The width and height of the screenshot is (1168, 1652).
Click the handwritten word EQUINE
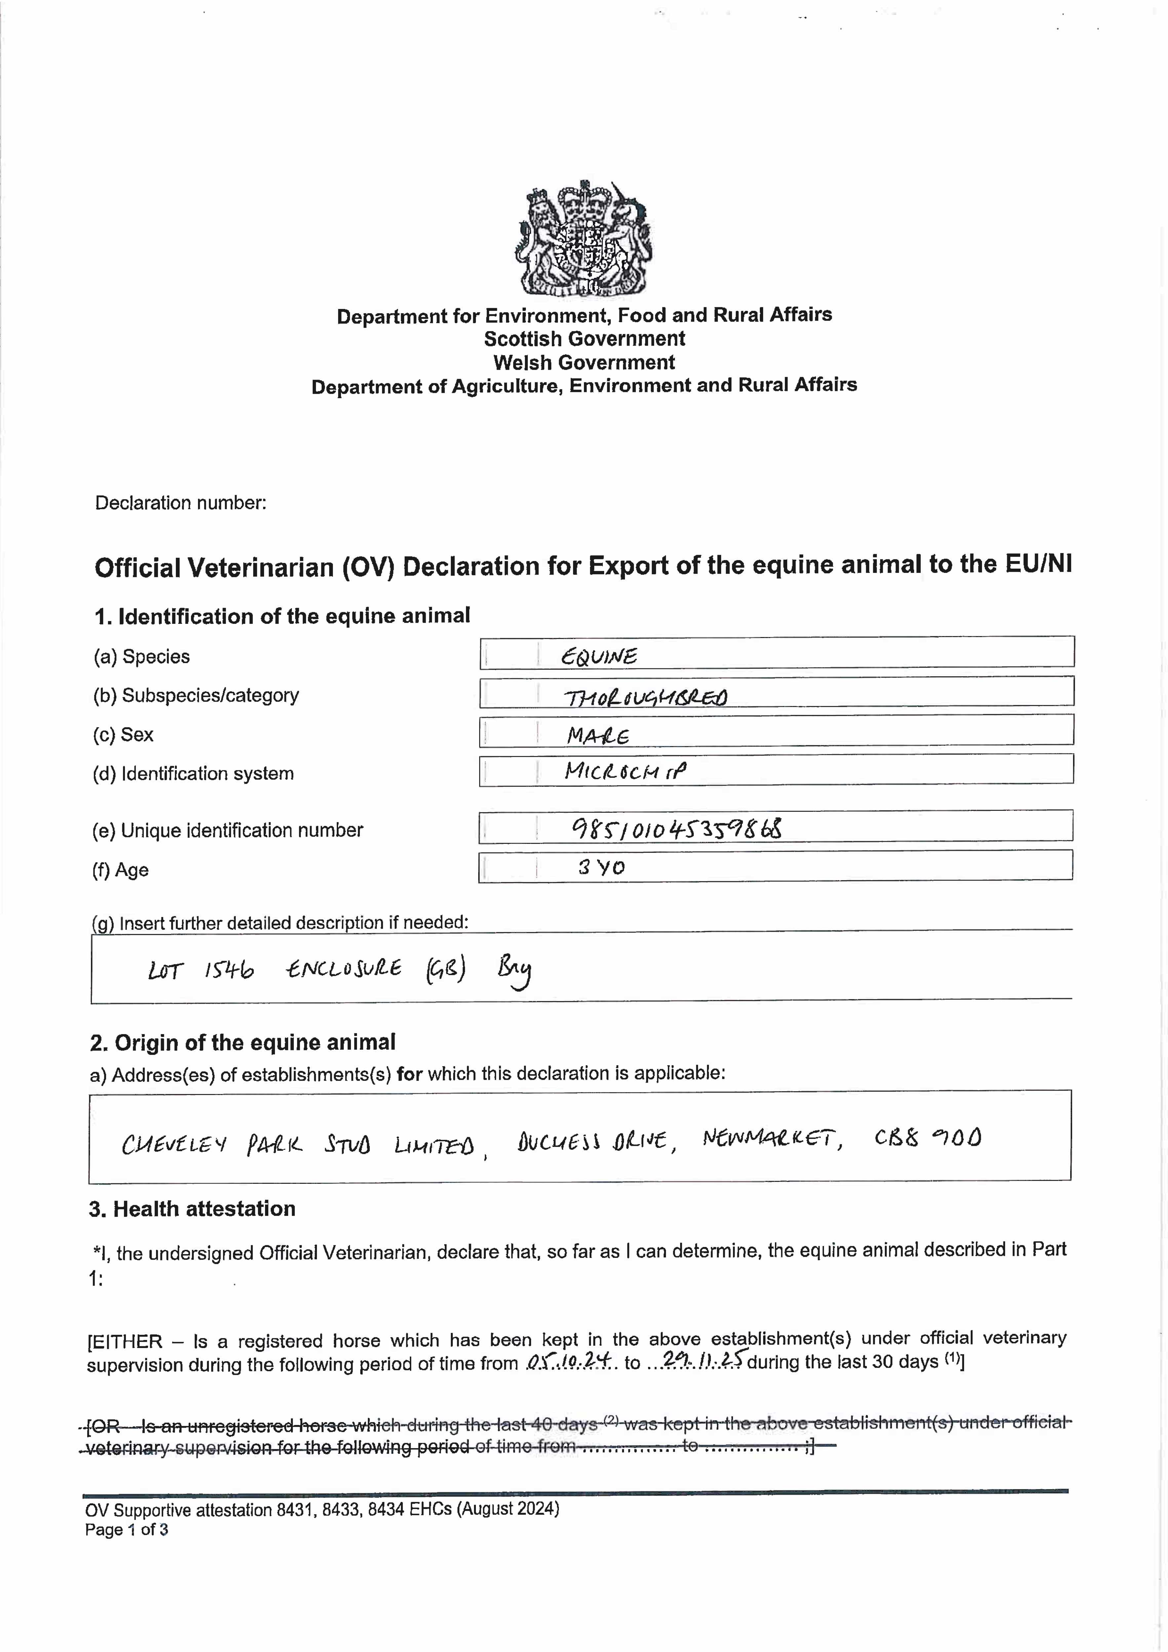click(x=599, y=656)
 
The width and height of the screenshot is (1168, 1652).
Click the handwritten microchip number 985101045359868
click(x=677, y=829)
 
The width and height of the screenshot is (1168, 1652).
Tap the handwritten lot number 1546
click(x=229, y=971)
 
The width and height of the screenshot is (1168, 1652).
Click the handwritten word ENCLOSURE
click(x=344, y=969)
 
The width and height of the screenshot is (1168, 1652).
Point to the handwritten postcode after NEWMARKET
click(x=928, y=1138)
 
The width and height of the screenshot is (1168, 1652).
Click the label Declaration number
click(x=181, y=503)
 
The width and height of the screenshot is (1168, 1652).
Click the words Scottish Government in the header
click(x=584, y=339)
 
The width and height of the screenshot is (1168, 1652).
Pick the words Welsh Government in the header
click(x=584, y=363)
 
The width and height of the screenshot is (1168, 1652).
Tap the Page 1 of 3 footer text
click(x=127, y=1530)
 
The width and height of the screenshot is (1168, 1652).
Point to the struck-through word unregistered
click(x=245, y=1425)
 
